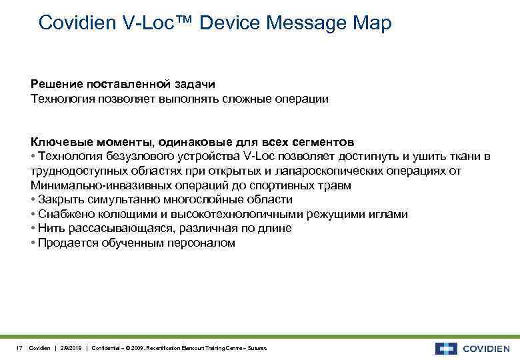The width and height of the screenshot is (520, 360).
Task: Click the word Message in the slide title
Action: click(x=304, y=23)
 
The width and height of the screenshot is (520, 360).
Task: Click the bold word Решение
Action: click(x=56, y=85)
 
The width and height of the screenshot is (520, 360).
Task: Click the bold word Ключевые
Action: click(x=59, y=142)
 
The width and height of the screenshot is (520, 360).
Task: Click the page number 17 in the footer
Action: click(x=19, y=349)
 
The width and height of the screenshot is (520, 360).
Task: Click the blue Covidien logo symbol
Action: click(x=446, y=348)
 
